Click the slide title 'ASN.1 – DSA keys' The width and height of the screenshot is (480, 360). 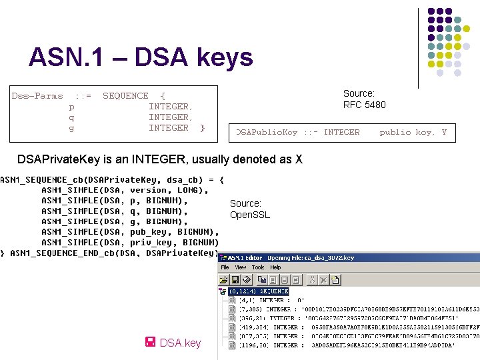(x=141, y=58)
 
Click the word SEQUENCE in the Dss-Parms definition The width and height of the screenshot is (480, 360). (x=126, y=96)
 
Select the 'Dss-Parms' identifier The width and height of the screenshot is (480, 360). (x=37, y=96)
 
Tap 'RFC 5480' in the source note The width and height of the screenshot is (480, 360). (x=364, y=105)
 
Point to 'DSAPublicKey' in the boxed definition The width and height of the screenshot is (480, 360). (x=267, y=132)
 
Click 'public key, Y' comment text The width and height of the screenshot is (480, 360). (x=413, y=132)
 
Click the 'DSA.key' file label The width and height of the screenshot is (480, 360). (x=180, y=343)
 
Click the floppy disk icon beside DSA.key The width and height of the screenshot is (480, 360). (x=150, y=343)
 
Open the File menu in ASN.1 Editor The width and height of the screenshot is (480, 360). (x=225, y=267)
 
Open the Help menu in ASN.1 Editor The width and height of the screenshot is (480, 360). (x=275, y=267)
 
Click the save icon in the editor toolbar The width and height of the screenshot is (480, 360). (x=235, y=280)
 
